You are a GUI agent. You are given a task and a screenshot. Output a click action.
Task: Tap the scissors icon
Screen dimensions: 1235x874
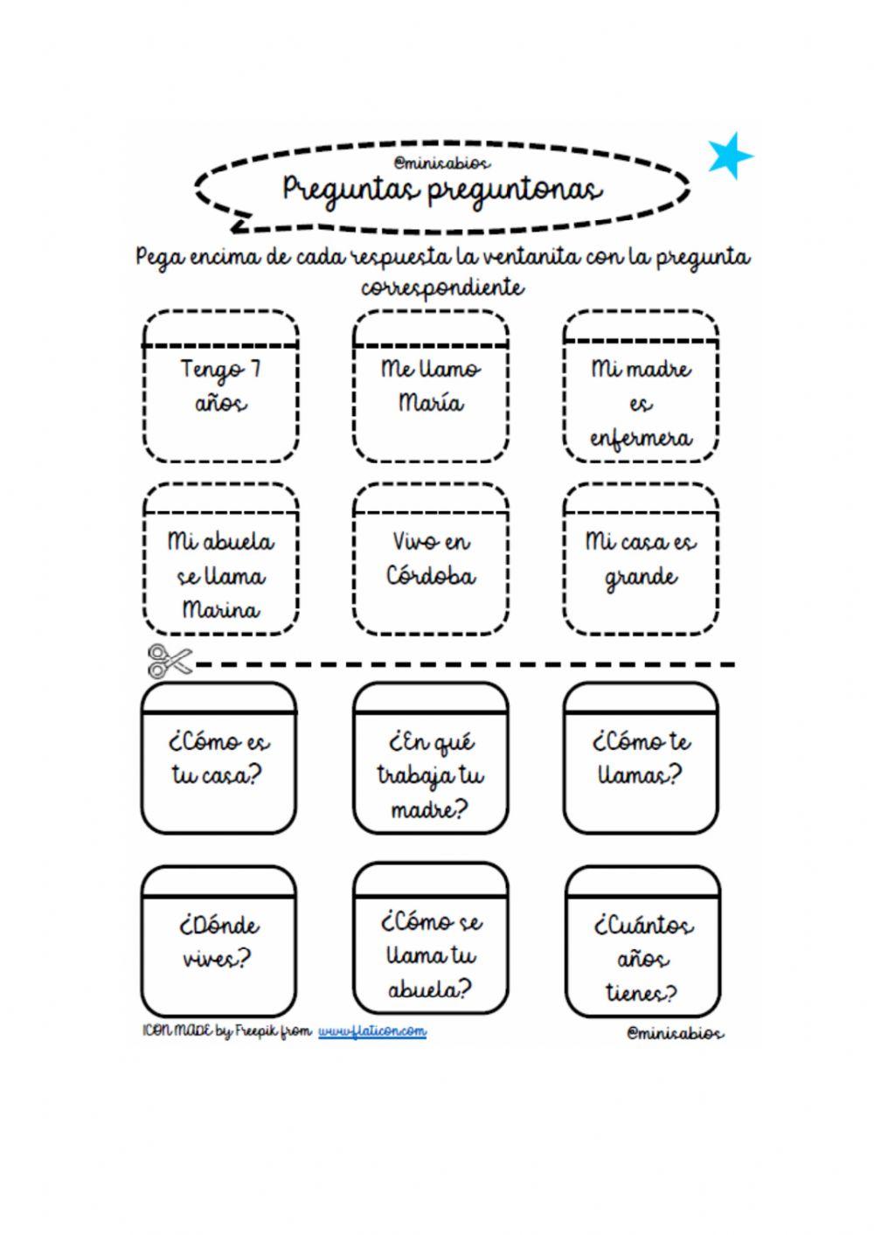(169, 662)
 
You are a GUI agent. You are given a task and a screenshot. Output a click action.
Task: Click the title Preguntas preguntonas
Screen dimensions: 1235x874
(442, 189)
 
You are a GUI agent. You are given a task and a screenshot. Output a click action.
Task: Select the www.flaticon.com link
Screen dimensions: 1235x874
(372, 1031)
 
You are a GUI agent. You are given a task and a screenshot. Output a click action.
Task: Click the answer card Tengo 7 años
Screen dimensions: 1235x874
(220, 386)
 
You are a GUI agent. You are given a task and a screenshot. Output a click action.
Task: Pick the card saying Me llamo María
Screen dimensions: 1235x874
(431, 386)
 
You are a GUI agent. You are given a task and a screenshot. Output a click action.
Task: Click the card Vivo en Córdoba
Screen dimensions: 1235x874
(431, 559)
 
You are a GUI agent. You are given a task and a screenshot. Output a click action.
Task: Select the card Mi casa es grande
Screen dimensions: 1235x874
(641, 559)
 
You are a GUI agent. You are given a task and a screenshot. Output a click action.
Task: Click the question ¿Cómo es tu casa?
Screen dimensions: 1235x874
(218, 759)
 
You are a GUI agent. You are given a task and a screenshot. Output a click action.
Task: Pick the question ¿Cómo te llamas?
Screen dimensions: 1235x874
(641, 759)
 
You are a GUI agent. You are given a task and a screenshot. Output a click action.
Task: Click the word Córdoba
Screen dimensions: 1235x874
(431, 577)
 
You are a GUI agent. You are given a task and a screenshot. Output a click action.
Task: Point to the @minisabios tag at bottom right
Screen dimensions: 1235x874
(675, 1033)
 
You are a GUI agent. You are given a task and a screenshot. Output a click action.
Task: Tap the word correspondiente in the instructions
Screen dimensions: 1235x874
(442, 287)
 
